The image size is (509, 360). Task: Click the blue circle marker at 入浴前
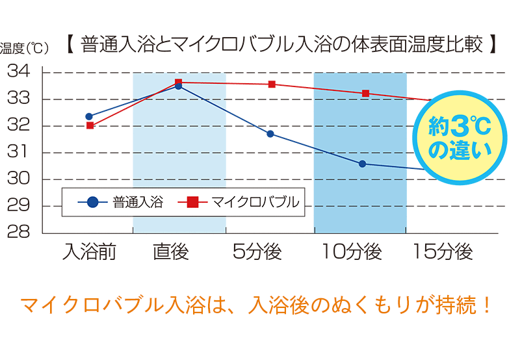coord(89,116)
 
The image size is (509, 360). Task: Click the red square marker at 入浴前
coord(90,125)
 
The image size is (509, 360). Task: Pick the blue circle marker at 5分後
coord(270,134)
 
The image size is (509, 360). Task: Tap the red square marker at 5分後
coord(272,84)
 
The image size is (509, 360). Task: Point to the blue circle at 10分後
coord(362,164)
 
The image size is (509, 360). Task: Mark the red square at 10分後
coord(365,94)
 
